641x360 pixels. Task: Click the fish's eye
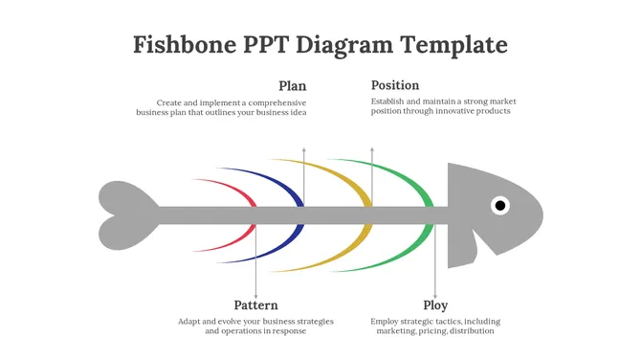[x=500, y=205]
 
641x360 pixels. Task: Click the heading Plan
[x=292, y=86]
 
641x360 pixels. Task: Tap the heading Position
[x=395, y=85]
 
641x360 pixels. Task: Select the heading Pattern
[x=256, y=305]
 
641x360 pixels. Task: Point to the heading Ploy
[x=435, y=305]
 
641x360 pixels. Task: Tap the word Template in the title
[x=453, y=45]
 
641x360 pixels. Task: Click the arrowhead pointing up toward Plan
[x=304, y=150]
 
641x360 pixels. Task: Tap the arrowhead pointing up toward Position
[x=372, y=150]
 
